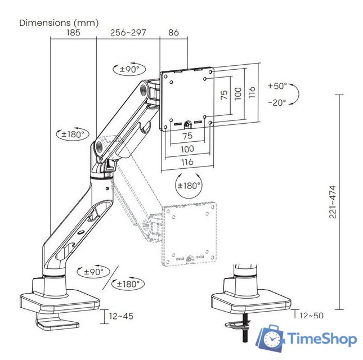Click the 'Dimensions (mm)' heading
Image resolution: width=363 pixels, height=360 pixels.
pyautogui.click(x=59, y=23)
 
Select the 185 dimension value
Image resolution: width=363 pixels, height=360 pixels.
pyautogui.click(x=73, y=33)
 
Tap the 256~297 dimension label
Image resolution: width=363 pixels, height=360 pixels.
pyautogui.click(x=128, y=33)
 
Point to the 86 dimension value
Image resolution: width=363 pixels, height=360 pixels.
pyautogui.click(x=174, y=33)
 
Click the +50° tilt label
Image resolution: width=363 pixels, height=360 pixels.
pyautogui.click(x=277, y=86)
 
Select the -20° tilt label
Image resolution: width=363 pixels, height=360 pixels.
pyautogui.click(x=277, y=102)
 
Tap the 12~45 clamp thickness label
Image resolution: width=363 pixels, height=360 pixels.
pyautogui.click(x=121, y=316)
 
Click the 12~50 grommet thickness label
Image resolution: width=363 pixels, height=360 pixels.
pyautogui.click(x=311, y=316)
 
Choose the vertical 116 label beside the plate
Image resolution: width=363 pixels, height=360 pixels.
pyautogui.click(x=252, y=92)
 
